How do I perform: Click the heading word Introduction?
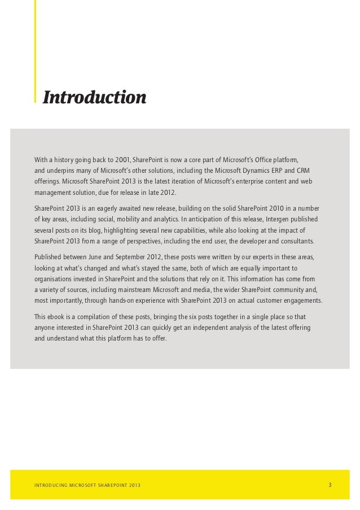click(x=95, y=97)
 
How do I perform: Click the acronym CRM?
click(x=303, y=171)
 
